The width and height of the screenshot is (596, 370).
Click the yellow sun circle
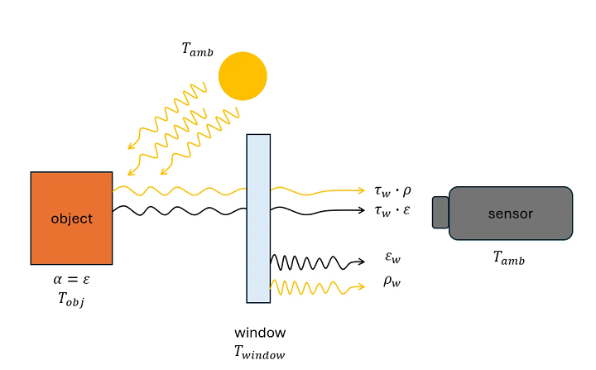[x=243, y=75]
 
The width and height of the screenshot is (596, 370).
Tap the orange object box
[x=71, y=218]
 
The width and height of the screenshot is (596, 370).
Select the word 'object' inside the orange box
[x=71, y=219]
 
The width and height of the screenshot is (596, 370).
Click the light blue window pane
[x=258, y=218]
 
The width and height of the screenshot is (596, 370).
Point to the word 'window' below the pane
[x=260, y=333]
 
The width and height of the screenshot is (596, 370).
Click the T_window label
[x=260, y=352]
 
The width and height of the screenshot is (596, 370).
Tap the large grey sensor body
[x=511, y=214]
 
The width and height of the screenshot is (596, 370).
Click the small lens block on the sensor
[x=440, y=212]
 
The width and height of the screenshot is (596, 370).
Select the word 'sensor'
[x=511, y=214]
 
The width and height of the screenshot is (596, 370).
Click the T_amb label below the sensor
[x=509, y=259]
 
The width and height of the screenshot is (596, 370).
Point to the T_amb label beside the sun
[x=197, y=50]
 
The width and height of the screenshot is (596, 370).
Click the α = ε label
[x=71, y=281]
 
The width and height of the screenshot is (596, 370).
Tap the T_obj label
[x=71, y=300]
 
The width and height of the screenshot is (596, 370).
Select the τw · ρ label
[x=392, y=190]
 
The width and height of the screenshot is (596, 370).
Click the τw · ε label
[x=392, y=211]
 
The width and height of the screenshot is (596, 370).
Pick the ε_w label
[x=392, y=259]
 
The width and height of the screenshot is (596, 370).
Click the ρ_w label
[x=392, y=281]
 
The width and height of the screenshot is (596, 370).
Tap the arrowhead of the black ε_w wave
[x=361, y=262]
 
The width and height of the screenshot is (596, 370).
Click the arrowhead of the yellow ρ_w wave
[x=361, y=286]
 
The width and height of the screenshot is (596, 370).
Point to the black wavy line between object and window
[x=178, y=210]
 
